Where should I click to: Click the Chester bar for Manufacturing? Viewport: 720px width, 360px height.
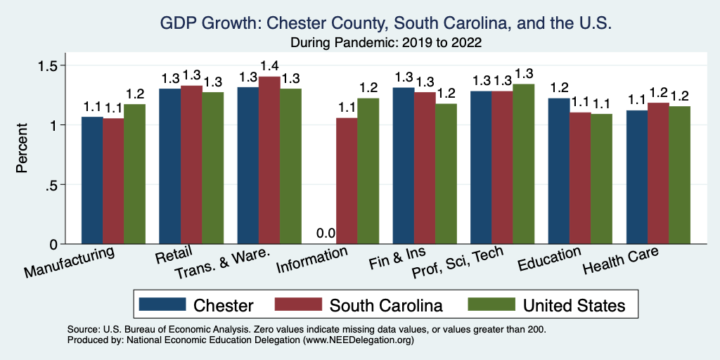pyautogui.click(x=92, y=181)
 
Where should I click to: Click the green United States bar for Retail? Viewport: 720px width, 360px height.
pyautogui.click(x=213, y=168)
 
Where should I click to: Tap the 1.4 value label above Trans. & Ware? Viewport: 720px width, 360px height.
pyautogui.click(x=269, y=66)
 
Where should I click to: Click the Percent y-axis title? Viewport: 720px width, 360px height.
pyautogui.click(x=22, y=148)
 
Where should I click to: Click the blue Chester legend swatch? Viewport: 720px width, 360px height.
pyautogui.click(x=162, y=304)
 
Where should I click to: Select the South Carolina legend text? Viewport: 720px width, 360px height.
pyautogui.click(x=386, y=305)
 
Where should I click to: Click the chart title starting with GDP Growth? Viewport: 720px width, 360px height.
pyautogui.click(x=386, y=23)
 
